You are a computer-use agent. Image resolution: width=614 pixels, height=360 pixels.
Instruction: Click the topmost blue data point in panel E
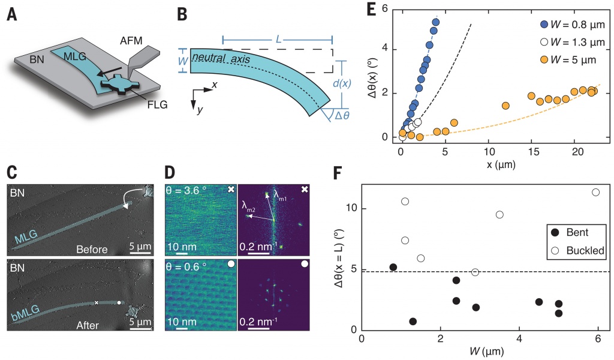pos(436,23)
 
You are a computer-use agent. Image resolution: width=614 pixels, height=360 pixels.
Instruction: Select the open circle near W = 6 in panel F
pos(595,193)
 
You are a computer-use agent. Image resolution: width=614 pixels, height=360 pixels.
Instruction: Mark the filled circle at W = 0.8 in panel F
pos(393,267)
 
